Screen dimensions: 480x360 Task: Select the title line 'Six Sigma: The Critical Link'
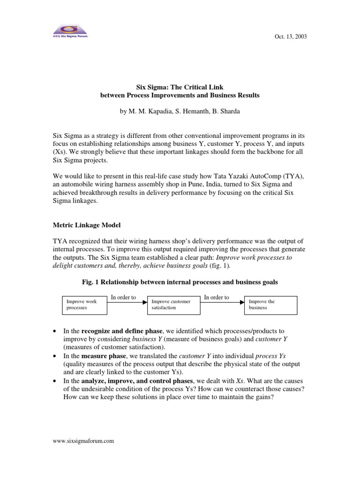180,87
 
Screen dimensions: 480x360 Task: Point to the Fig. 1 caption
180,283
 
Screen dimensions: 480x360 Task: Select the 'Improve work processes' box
85,305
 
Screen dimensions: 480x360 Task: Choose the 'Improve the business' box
270,305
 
